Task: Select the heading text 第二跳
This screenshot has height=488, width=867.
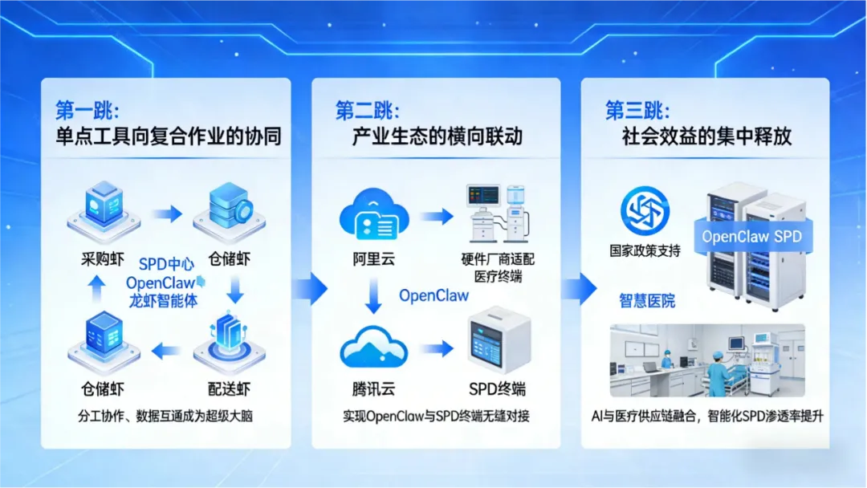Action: click(x=367, y=110)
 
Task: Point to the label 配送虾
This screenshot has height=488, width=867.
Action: click(x=230, y=389)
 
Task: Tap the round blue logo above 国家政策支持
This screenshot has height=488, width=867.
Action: click(x=645, y=211)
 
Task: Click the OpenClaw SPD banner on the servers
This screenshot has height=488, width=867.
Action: click(x=751, y=236)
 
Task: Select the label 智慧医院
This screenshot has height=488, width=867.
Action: click(x=647, y=301)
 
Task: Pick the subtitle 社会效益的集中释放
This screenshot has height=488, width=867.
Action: click(x=706, y=136)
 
